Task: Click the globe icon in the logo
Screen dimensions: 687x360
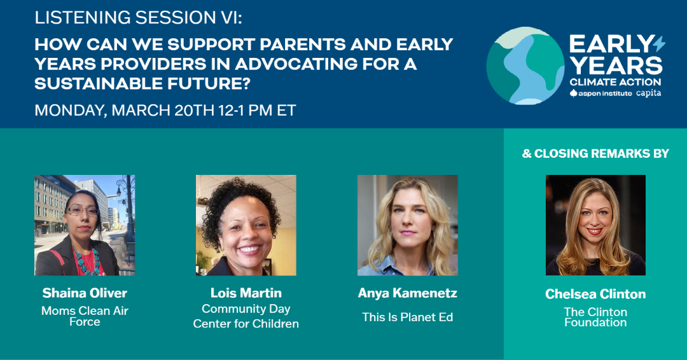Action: (x=525, y=66)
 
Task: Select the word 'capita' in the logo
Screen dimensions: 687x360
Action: (x=648, y=93)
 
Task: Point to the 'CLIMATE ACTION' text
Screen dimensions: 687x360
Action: (x=615, y=82)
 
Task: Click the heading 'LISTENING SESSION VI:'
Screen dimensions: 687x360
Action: (x=138, y=18)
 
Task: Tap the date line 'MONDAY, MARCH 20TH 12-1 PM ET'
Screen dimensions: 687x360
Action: (x=165, y=110)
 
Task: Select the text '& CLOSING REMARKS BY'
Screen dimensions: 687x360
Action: (x=595, y=153)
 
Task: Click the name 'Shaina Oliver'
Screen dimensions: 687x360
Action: (x=85, y=293)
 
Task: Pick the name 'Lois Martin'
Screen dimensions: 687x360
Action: (x=246, y=293)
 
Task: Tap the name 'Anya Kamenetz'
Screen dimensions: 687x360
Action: (x=408, y=293)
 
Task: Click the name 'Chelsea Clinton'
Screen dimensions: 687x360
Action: (x=595, y=294)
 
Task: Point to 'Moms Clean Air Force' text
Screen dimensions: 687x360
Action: (x=85, y=315)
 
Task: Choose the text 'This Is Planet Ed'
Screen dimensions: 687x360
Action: (x=408, y=317)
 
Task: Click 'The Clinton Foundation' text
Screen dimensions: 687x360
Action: (x=595, y=317)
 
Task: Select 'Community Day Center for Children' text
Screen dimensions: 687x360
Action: (x=246, y=316)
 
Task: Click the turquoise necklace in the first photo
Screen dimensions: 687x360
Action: (x=87, y=260)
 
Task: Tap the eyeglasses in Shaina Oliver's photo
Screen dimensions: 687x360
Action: (x=82, y=211)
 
